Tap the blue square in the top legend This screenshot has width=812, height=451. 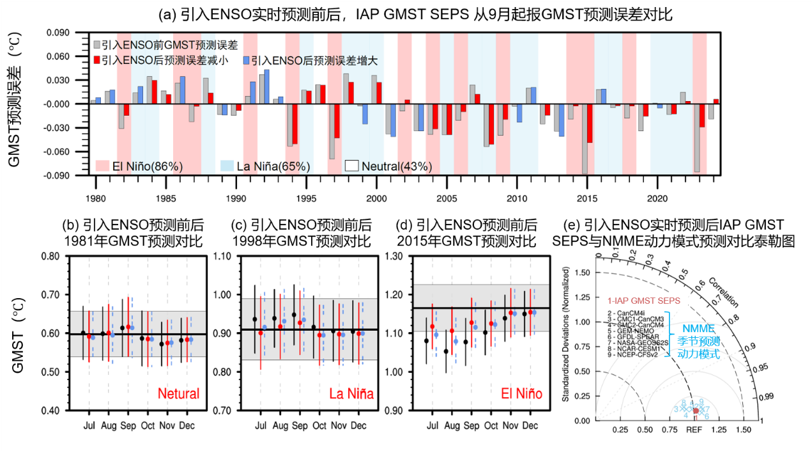coord(246,61)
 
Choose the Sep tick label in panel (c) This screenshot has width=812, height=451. coord(299,425)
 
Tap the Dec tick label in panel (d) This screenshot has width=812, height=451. coord(530,425)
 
